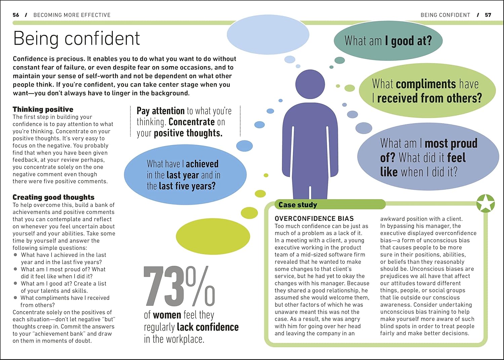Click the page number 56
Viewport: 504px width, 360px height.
pos(16,15)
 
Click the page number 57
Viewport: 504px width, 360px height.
pos(488,15)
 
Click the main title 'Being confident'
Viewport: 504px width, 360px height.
pos(76,38)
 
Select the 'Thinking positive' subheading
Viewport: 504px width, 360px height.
pos(43,109)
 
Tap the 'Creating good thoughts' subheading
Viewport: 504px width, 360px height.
pos(53,197)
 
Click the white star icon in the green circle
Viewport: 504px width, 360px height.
pos(486,204)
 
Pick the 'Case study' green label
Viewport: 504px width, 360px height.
pos(298,205)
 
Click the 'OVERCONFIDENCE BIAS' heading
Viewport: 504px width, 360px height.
pos(314,218)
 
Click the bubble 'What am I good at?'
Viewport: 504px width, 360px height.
pos(388,41)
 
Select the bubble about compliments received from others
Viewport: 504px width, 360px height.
pos(427,91)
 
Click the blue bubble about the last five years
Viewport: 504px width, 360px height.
pos(185,175)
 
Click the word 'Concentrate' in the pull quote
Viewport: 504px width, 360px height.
pos(192,122)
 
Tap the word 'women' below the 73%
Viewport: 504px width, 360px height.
pos(167,315)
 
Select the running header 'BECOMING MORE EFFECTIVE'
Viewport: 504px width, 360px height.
pos(72,15)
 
